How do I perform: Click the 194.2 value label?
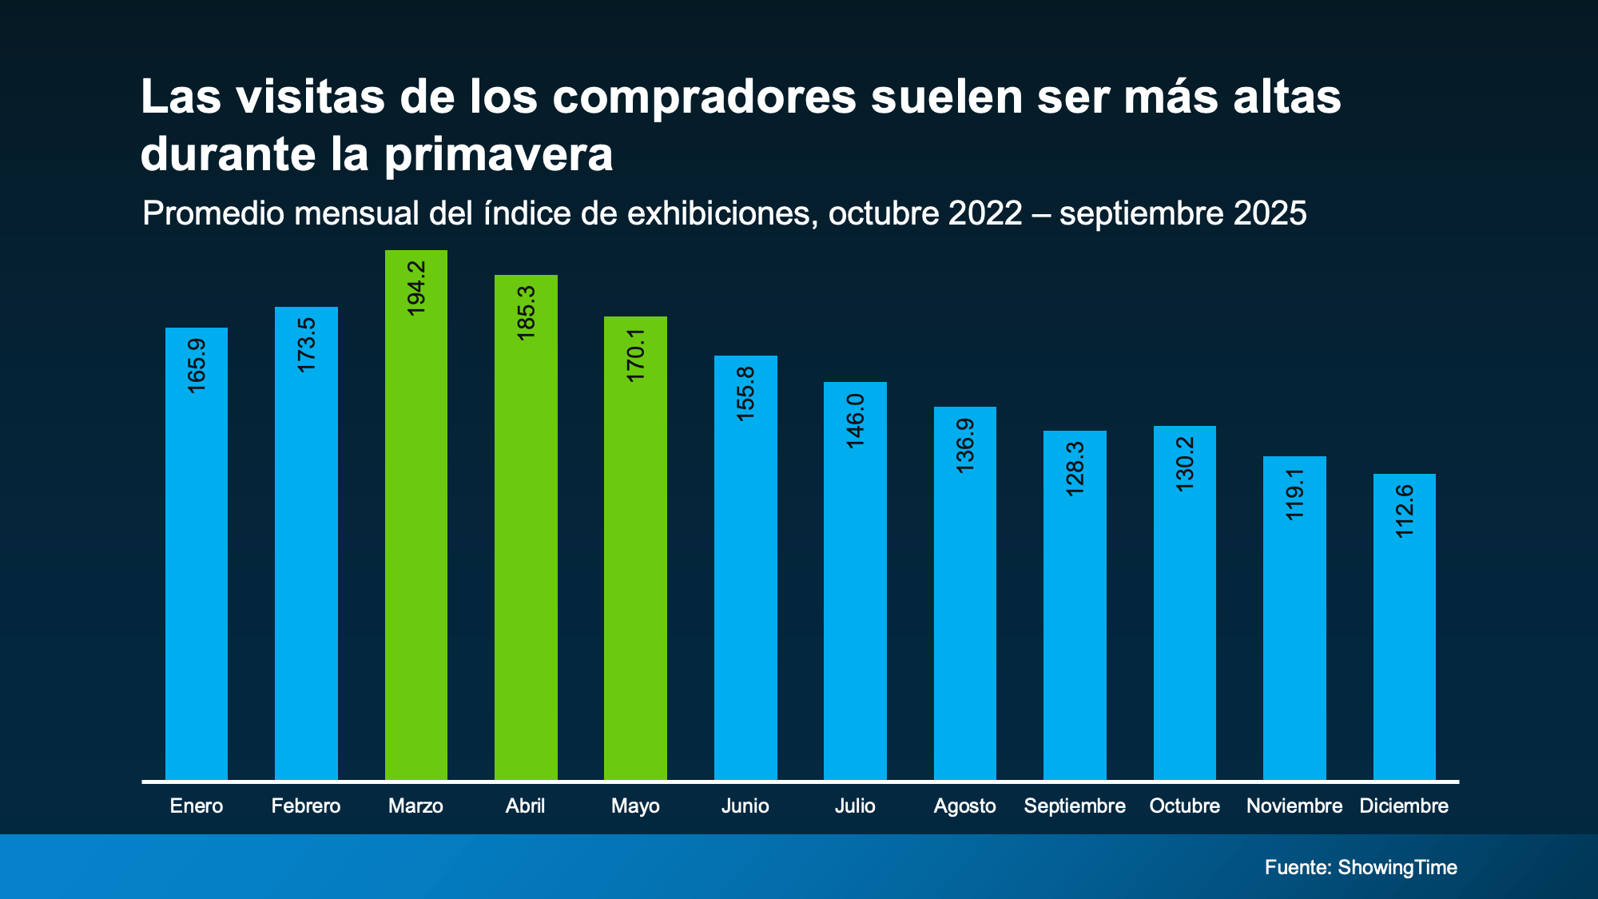click(x=416, y=288)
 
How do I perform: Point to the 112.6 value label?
click(x=1404, y=511)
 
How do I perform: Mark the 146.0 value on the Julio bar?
click(x=855, y=420)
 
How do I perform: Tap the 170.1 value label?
click(x=635, y=355)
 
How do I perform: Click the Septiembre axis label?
click(x=1075, y=806)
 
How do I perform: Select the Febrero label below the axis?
click(x=306, y=806)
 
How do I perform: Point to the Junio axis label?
click(x=745, y=806)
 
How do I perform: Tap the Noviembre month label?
click(x=1294, y=806)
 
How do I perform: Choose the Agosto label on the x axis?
click(x=964, y=806)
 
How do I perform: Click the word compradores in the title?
click(x=703, y=97)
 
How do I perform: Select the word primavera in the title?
click(x=499, y=154)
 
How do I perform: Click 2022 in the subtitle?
click(x=985, y=213)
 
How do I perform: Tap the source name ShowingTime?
click(x=1397, y=867)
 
